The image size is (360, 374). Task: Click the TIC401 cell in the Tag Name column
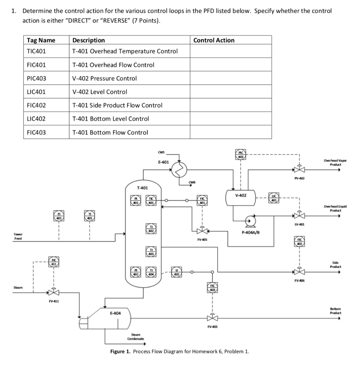point(36,51)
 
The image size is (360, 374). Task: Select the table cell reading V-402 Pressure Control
point(105,78)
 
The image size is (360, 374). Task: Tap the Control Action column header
point(214,40)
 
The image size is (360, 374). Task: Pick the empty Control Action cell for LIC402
point(231,119)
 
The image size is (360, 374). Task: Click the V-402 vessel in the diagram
point(241,196)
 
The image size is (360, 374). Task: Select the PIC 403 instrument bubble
point(241,154)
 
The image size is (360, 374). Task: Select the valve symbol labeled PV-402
point(299,170)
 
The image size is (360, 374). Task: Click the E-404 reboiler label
point(115,313)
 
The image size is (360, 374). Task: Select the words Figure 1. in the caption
point(120,352)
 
